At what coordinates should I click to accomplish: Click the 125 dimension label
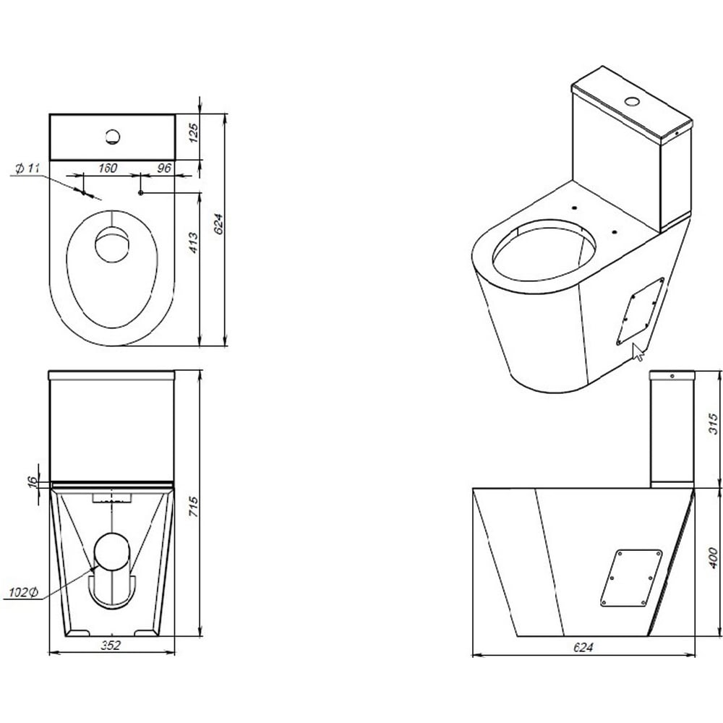(x=194, y=133)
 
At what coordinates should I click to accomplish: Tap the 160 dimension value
(x=108, y=168)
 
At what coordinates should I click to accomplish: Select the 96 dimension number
(x=164, y=168)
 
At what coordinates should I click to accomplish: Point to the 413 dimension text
(x=194, y=242)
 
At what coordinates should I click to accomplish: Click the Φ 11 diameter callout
(x=27, y=168)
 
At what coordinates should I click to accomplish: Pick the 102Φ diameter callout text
(x=24, y=593)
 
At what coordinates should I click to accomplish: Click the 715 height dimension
(x=194, y=506)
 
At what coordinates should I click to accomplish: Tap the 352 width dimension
(x=111, y=645)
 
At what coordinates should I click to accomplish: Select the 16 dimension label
(x=33, y=482)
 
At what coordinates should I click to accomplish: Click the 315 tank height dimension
(x=713, y=424)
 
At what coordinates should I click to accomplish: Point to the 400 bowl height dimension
(x=713, y=557)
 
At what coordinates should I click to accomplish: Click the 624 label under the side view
(x=583, y=647)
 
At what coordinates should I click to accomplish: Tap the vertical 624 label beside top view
(x=219, y=223)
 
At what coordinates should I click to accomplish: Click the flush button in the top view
(x=113, y=137)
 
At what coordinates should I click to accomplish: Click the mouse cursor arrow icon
(x=638, y=352)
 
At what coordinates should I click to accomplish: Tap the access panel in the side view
(x=631, y=578)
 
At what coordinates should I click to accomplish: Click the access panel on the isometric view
(x=640, y=312)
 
